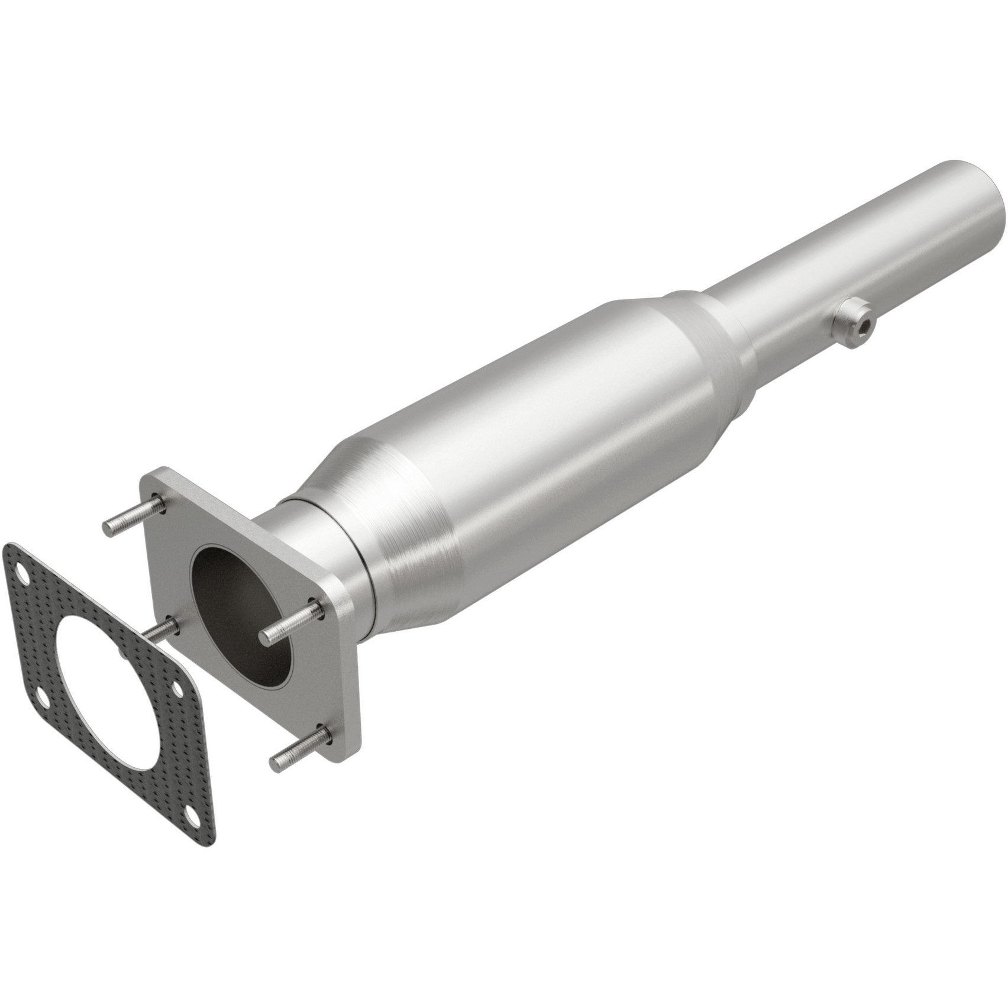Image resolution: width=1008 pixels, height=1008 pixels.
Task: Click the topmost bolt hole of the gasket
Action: coord(23,573)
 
